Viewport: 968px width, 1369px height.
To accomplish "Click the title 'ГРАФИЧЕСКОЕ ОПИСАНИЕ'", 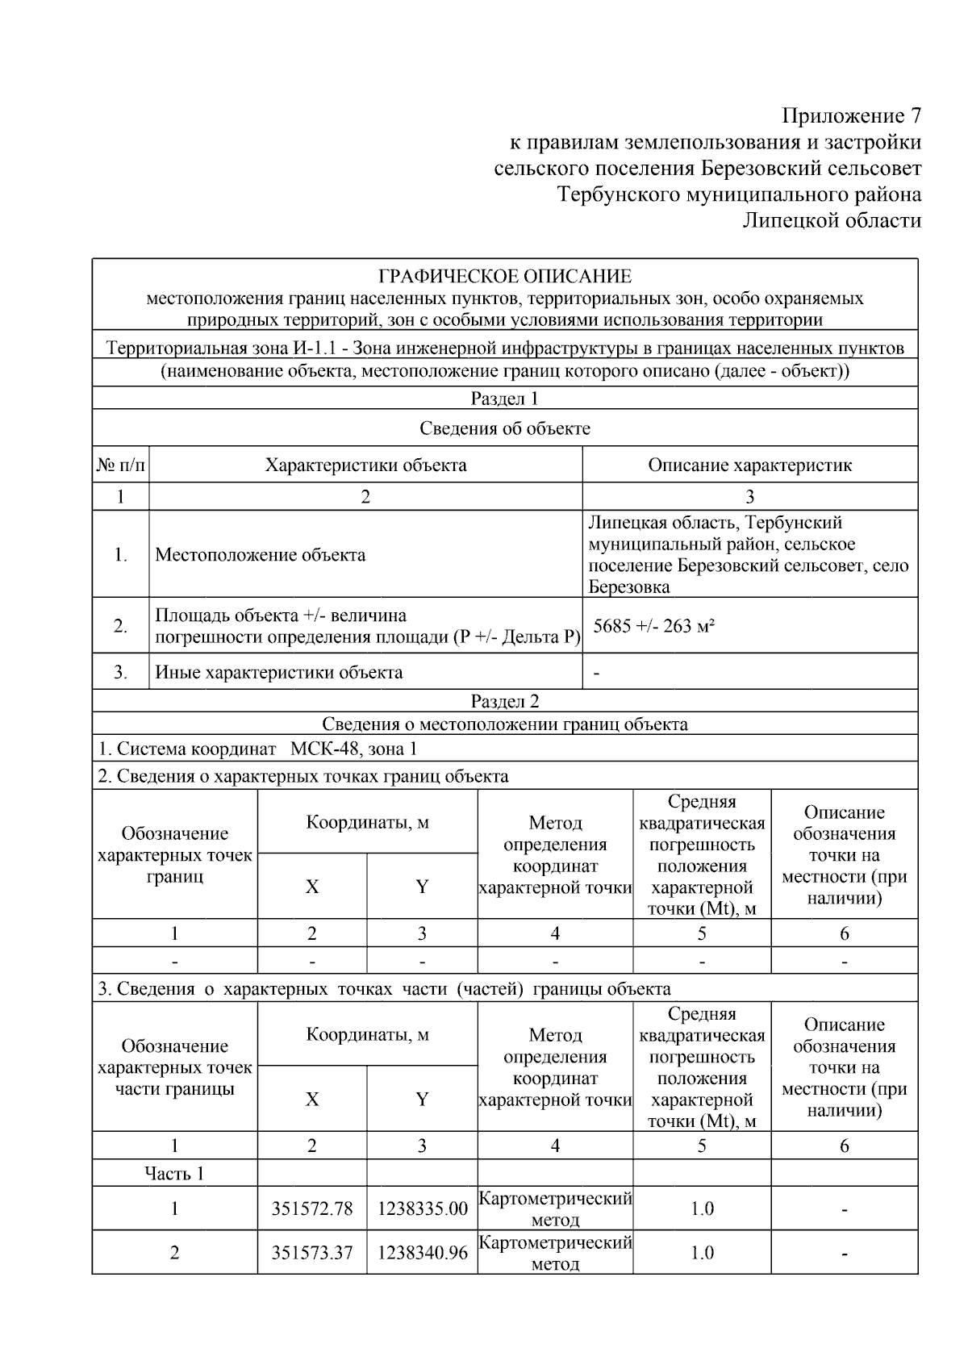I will (x=505, y=277).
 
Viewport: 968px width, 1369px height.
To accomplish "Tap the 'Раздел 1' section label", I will (x=504, y=399).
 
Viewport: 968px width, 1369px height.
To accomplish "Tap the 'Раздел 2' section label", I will (x=504, y=701).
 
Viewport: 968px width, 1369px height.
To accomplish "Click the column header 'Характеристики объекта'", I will (x=365, y=465).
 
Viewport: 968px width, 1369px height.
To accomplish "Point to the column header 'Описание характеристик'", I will (x=749, y=465).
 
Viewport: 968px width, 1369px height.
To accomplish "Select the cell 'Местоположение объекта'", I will (x=260, y=555).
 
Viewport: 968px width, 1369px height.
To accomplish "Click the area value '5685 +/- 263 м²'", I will (x=654, y=626).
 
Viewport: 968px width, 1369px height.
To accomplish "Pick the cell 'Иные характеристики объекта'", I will (x=278, y=672).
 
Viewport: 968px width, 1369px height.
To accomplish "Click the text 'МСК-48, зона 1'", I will (x=353, y=749).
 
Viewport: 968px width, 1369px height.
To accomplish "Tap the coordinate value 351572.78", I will (x=312, y=1208).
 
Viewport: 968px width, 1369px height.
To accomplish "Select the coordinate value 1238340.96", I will (x=422, y=1253).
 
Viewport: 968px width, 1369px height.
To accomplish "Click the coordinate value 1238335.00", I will (x=422, y=1208).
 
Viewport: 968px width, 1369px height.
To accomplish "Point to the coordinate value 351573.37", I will (x=312, y=1253).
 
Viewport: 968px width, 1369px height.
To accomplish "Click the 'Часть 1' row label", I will (x=174, y=1173).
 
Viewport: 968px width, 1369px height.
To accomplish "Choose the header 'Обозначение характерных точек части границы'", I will (x=174, y=1067).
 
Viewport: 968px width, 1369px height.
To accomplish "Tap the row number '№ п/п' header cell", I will (x=121, y=465).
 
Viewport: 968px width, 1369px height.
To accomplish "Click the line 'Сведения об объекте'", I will (x=504, y=428).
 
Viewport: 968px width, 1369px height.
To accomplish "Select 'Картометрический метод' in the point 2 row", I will (x=555, y=1253).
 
